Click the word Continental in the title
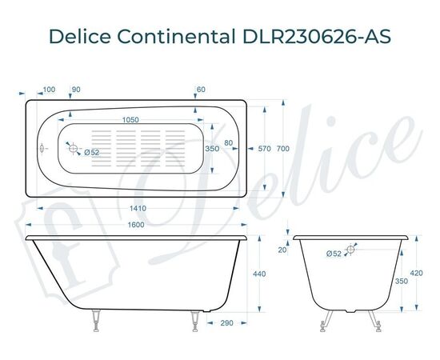tap(182, 37)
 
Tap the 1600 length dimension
tap(135, 225)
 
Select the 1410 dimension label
tap(135, 209)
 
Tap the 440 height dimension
tap(259, 274)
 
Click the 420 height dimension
tap(416, 272)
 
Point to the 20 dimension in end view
tap(282, 250)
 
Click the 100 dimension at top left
tap(49, 89)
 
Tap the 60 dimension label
tap(200, 89)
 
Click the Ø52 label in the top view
tap(91, 153)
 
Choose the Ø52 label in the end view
tap(334, 254)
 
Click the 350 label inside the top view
tap(212, 149)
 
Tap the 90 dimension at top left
tap(76, 89)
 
